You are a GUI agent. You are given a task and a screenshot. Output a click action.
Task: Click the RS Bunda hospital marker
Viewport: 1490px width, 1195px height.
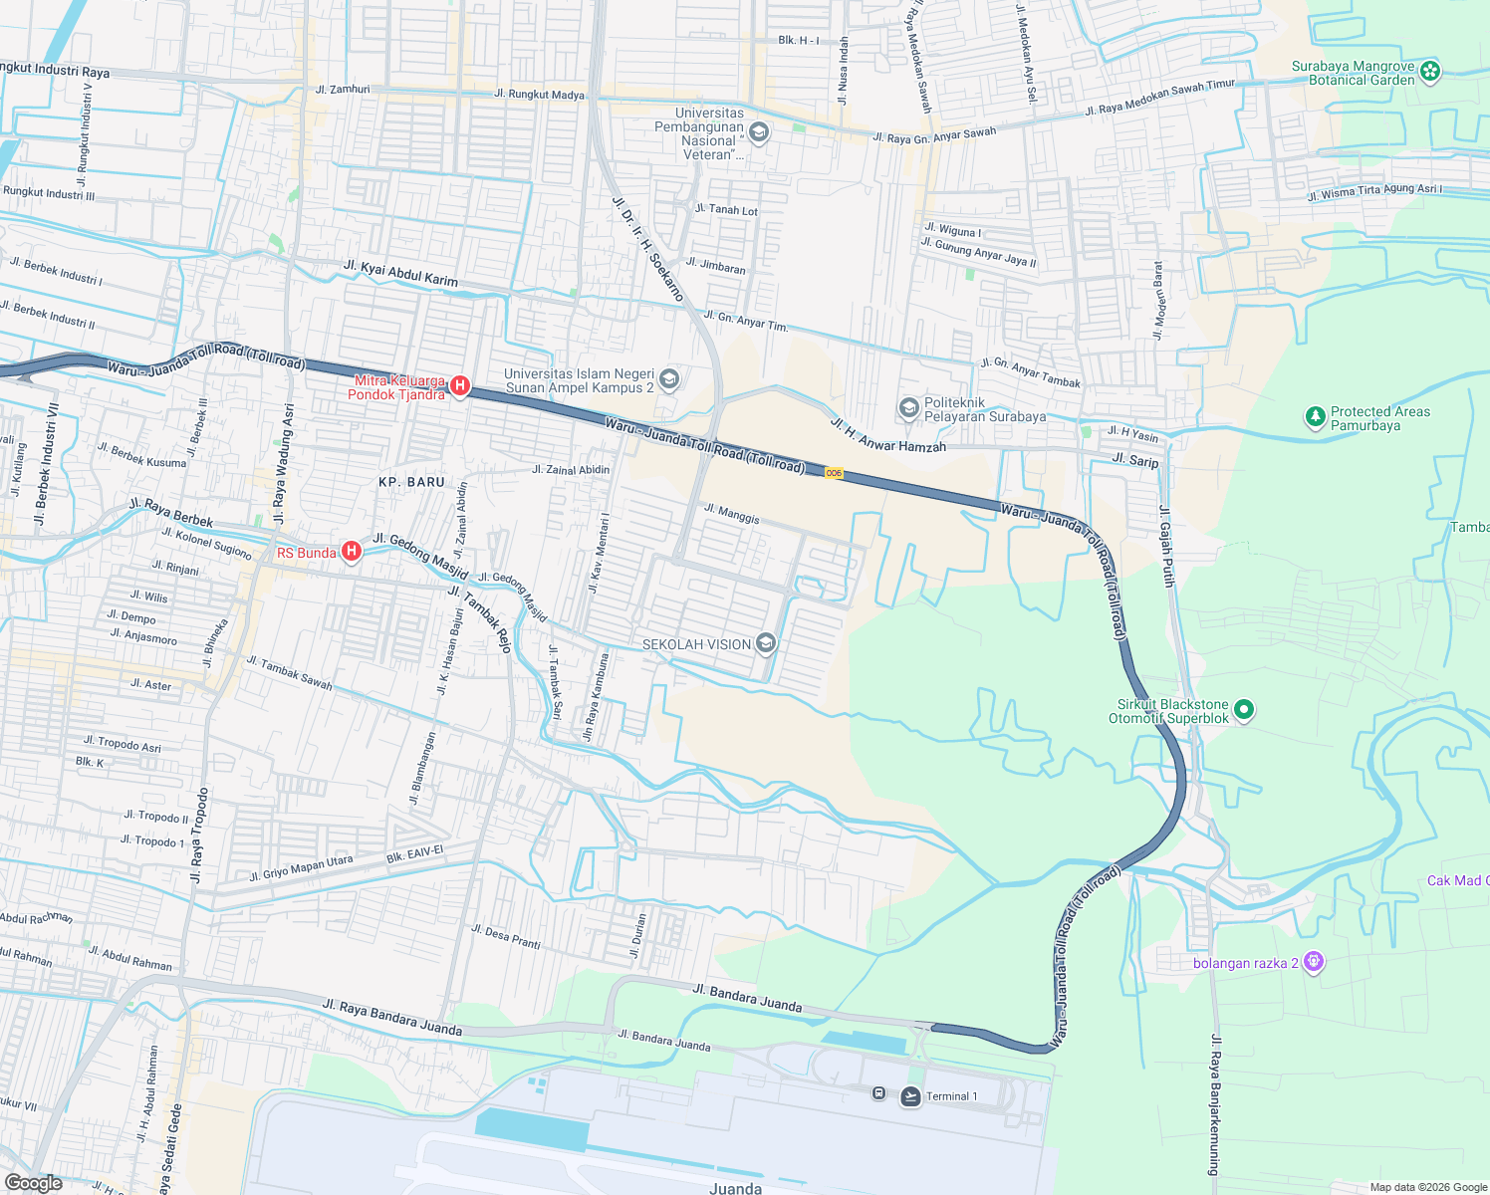[x=351, y=552]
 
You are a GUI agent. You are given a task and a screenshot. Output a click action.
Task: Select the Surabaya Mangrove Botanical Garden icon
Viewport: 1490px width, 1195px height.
[x=1430, y=71]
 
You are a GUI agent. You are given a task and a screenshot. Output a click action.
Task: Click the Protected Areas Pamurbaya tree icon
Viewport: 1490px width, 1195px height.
[x=1316, y=417]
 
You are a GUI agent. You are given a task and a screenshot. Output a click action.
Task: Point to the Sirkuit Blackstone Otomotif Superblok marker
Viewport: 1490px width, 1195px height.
[x=1243, y=710]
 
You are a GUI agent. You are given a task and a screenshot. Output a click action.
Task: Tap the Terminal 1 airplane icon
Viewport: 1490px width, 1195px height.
[x=910, y=1096]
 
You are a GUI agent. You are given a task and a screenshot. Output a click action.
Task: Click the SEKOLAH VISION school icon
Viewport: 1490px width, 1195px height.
[x=766, y=644]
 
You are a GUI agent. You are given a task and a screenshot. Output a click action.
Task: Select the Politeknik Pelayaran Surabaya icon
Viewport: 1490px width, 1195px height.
[x=908, y=408]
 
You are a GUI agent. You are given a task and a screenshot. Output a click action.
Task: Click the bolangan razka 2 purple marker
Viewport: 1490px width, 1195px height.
[x=1314, y=962]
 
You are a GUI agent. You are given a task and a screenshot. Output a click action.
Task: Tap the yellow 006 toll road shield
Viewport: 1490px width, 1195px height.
[x=834, y=474]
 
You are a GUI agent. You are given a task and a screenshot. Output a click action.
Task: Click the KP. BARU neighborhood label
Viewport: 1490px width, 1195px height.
[x=411, y=482]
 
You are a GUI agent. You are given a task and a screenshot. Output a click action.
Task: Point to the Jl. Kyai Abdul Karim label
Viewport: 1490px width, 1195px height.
[x=400, y=273]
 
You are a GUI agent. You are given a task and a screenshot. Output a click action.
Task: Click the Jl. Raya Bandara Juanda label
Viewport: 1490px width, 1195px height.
[x=391, y=1017]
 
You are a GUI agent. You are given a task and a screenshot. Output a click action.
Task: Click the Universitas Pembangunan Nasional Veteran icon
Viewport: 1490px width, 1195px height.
[x=759, y=132]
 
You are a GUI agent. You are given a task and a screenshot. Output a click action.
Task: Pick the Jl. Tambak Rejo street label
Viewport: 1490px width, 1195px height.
[x=479, y=618]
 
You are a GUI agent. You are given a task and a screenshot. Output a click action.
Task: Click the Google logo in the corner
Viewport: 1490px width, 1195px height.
[x=33, y=1183]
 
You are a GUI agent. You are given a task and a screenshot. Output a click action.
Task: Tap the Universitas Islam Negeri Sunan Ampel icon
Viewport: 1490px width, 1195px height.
[x=669, y=378]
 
